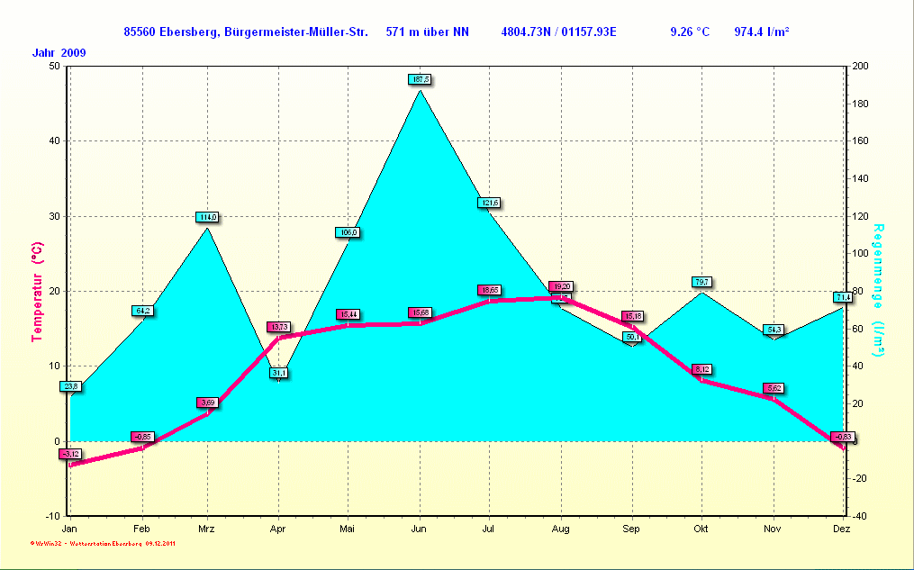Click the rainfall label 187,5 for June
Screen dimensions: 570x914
420,79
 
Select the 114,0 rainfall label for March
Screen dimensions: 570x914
207,217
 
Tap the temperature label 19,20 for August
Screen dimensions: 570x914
561,286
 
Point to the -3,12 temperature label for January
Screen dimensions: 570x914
70,454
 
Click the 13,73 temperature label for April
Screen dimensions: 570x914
278,327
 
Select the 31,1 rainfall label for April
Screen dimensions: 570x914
279,373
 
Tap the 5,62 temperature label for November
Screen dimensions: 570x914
774,388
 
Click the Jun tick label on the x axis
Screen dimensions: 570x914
419,529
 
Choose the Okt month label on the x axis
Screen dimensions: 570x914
701,529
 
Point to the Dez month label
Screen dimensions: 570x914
842,529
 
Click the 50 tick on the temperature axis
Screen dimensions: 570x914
54,66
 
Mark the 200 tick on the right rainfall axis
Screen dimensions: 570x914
860,66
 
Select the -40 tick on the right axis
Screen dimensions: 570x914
859,516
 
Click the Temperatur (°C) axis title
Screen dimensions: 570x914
37,291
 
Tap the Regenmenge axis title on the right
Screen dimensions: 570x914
879,279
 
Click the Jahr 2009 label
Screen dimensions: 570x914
59,52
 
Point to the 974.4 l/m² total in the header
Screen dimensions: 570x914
762,32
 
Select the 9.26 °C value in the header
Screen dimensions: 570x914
690,32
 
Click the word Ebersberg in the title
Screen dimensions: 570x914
186,32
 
